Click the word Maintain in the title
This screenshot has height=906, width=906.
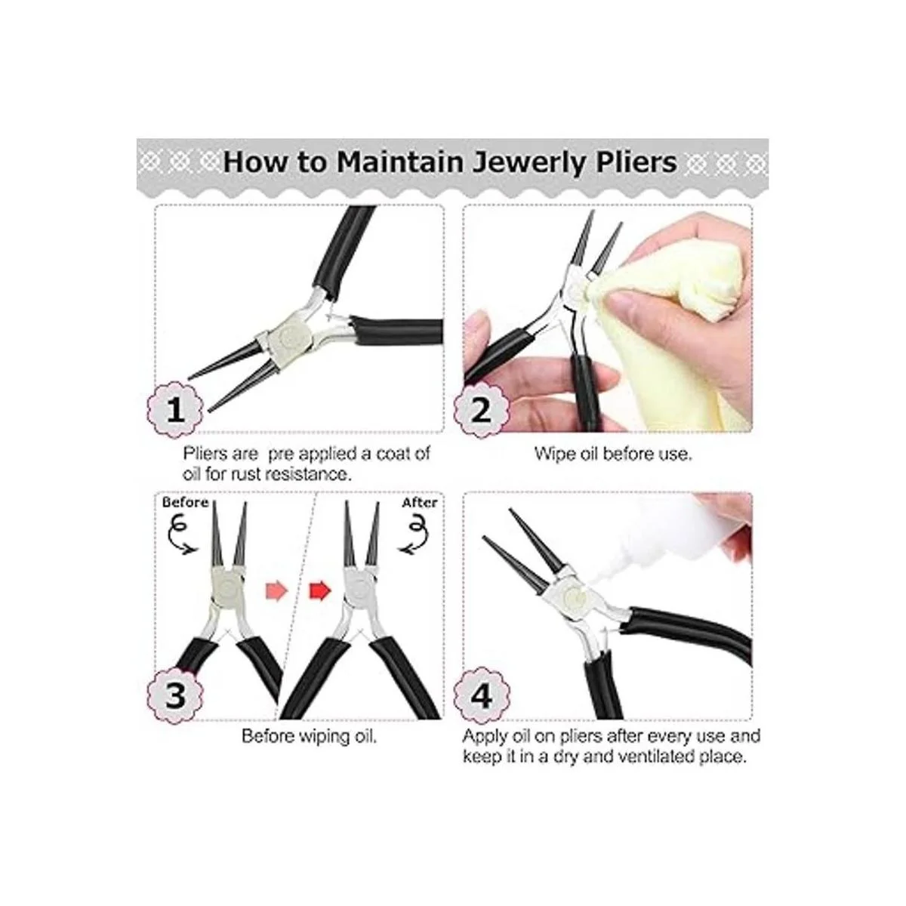click(399, 162)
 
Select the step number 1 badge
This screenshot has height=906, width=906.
click(176, 409)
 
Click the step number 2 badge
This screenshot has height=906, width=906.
click(481, 409)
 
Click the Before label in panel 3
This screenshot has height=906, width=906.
click(185, 503)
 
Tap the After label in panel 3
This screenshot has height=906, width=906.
click(419, 503)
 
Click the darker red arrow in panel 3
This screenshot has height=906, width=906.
click(319, 590)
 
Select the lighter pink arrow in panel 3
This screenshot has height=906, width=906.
click(276, 590)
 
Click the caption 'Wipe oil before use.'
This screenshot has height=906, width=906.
click(613, 455)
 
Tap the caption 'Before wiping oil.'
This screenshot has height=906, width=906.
click(309, 736)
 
